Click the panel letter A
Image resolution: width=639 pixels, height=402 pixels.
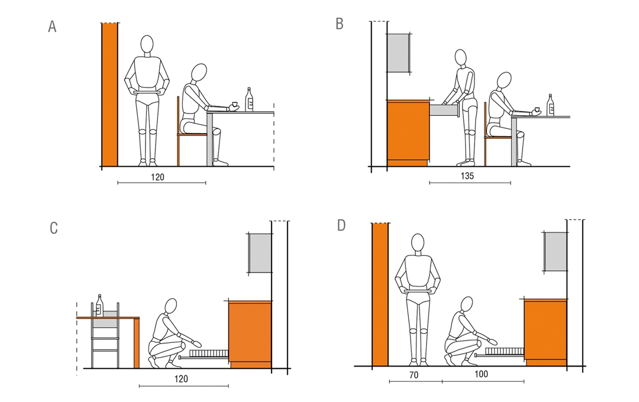click(x=52, y=27)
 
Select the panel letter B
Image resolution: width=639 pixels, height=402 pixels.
click(x=340, y=24)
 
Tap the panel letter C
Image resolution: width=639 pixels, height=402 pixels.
click(x=54, y=228)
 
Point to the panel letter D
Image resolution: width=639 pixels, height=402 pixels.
click(x=341, y=225)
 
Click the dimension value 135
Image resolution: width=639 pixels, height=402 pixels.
click(x=467, y=176)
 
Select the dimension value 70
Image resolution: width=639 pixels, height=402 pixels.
click(x=414, y=375)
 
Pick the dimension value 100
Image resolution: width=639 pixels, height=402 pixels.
click(x=481, y=374)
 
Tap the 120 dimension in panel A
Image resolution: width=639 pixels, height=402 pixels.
click(x=158, y=177)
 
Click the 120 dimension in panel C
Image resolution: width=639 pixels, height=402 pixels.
click(x=182, y=379)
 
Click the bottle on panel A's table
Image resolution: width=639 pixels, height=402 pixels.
click(x=250, y=99)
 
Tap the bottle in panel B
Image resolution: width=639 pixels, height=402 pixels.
click(x=551, y=105)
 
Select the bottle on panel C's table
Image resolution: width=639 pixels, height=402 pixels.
click(x=99, y=305)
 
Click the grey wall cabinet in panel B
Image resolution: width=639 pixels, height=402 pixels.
click(x=399, y=53)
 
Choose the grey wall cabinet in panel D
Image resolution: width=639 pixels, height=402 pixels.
click(x=556, y=251)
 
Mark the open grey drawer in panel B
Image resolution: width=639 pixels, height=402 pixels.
click(x=444, y=110)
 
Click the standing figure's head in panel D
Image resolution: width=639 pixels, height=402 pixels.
click(x=418, y=242)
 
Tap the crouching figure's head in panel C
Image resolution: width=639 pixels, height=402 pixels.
click(x=171, y=306)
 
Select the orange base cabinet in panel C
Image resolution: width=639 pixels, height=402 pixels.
click(x=250, y=335)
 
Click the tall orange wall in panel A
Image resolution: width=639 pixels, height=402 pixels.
click(x=109, y=95)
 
